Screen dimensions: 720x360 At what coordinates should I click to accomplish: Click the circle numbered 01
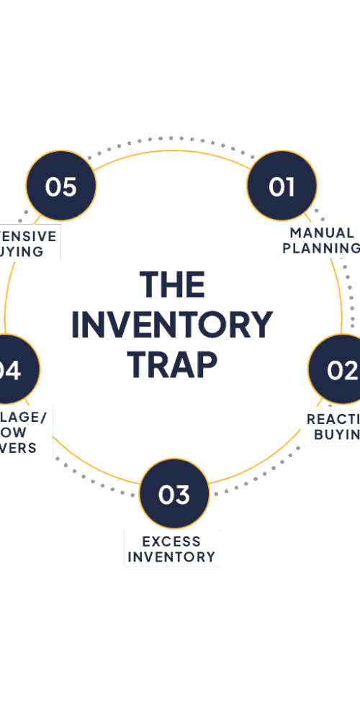tap(282, 186)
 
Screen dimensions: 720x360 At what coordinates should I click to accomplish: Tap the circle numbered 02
tap(338, 369)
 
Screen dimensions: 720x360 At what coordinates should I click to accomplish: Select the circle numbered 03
tap(174, 494)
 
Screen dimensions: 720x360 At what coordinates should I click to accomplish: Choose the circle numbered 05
tap(61, 186)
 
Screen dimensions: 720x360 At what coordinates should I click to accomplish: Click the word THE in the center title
tap(172, 284)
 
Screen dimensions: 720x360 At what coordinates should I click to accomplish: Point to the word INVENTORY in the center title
tap(172, 325)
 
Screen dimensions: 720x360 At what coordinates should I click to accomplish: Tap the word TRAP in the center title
tap(172, 364)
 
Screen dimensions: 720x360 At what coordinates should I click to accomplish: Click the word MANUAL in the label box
tap(322, 233)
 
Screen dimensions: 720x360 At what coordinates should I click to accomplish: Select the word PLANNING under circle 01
tap(322, 248)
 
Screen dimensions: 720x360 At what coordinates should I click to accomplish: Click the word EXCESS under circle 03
tap(171, 541)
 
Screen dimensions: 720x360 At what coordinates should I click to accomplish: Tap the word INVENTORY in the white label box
tap(171, 557)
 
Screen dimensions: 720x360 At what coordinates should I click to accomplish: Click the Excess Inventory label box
tap(171, 549)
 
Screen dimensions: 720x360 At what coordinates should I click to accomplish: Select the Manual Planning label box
tap(320, 240)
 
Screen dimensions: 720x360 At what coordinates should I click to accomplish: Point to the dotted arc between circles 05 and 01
tap(171, 138)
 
